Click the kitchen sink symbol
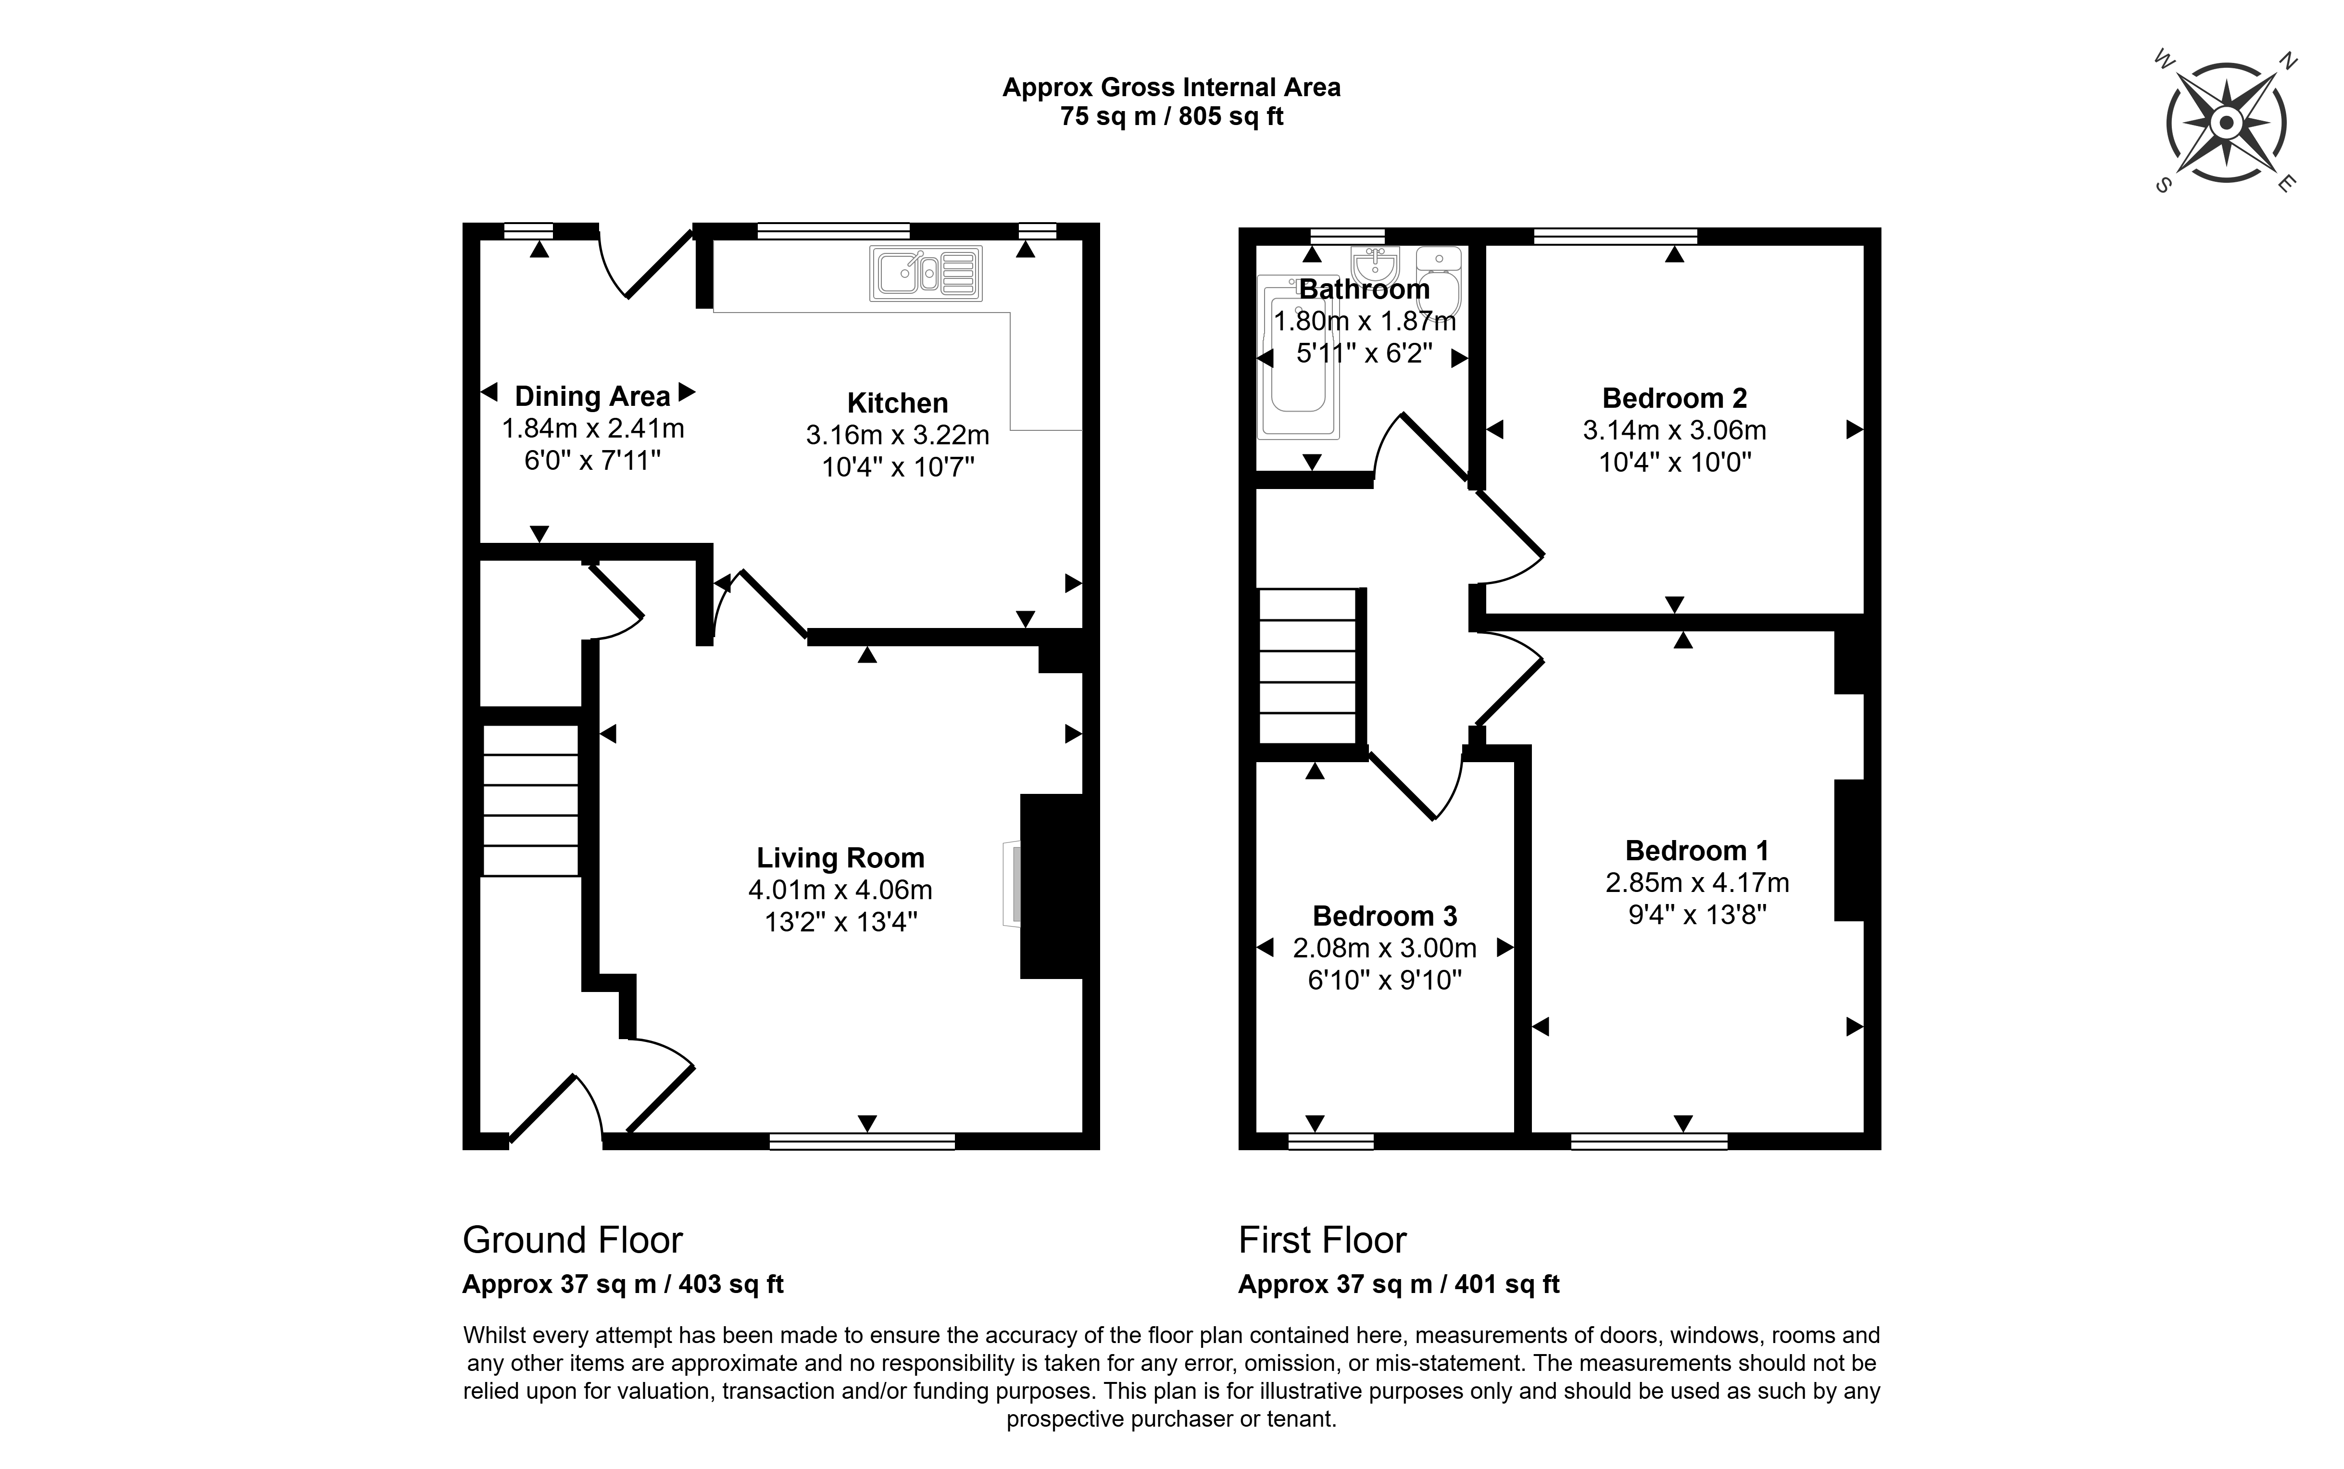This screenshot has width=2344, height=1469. coord(926,273)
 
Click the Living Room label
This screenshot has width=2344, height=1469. coord(840,858)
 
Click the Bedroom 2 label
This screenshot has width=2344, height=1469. coord(1674,398)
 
